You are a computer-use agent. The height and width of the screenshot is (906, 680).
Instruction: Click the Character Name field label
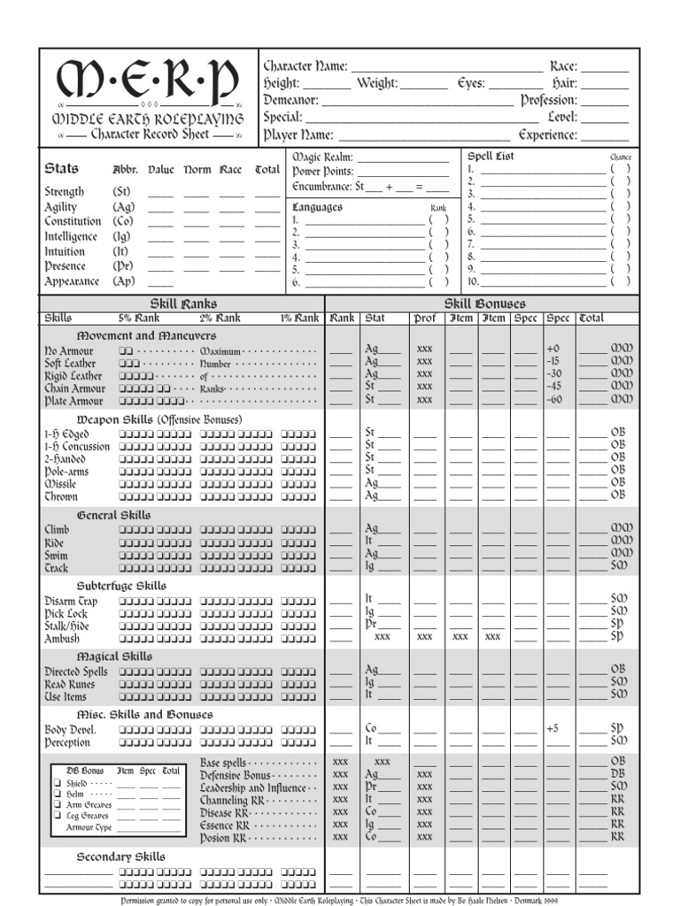pyautogui.click(x=305, y=66)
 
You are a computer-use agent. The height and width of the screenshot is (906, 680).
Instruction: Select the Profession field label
pyautogui.click(x=548, y=100)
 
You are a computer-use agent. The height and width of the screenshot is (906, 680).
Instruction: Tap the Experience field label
pyautogui.click(x=548, y=135)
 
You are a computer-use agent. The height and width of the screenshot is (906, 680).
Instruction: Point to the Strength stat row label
pyautogui.click(x=65, y=191)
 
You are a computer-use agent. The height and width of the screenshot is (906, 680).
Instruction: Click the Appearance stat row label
pyautogui.click(x=72, y=281)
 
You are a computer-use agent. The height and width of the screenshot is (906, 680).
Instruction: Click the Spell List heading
pyautogui.click(x=491, y=157)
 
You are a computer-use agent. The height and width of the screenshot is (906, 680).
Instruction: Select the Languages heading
pyautogui.click(x=317, y=207)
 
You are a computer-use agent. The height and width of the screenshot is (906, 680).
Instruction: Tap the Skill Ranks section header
pyautogui.click(x=185, y=303)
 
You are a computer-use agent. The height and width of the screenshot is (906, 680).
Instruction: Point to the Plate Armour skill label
pyautogui.click(x=74, y=401)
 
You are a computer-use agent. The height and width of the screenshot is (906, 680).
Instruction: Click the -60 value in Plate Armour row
pyautogui.click(x=554, y=400)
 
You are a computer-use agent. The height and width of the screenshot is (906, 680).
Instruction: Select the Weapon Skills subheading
pyautogui.click(x=158, y=419)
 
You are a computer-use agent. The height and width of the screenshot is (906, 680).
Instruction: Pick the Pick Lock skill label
pyautogui.click(x=66, y=613)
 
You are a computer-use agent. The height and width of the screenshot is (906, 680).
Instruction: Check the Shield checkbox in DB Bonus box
pyautogui.click(x=58, y=784)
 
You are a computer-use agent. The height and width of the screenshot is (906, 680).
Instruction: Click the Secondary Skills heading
pyautogui.click(x=120, y=856)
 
